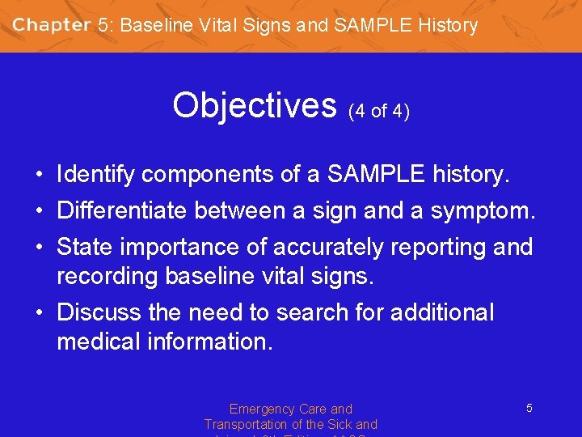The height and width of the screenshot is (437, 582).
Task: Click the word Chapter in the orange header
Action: coord(51,25)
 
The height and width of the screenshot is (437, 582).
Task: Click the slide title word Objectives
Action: coord(254,104)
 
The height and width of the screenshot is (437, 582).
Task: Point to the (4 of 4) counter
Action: coord(378,111)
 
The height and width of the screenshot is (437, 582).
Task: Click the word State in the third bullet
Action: coord(81,247)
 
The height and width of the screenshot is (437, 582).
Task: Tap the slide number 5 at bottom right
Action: coord(529,409)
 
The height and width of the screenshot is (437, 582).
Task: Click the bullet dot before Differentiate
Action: coord(39,211)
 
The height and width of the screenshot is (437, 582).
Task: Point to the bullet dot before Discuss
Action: coord(39,313)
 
